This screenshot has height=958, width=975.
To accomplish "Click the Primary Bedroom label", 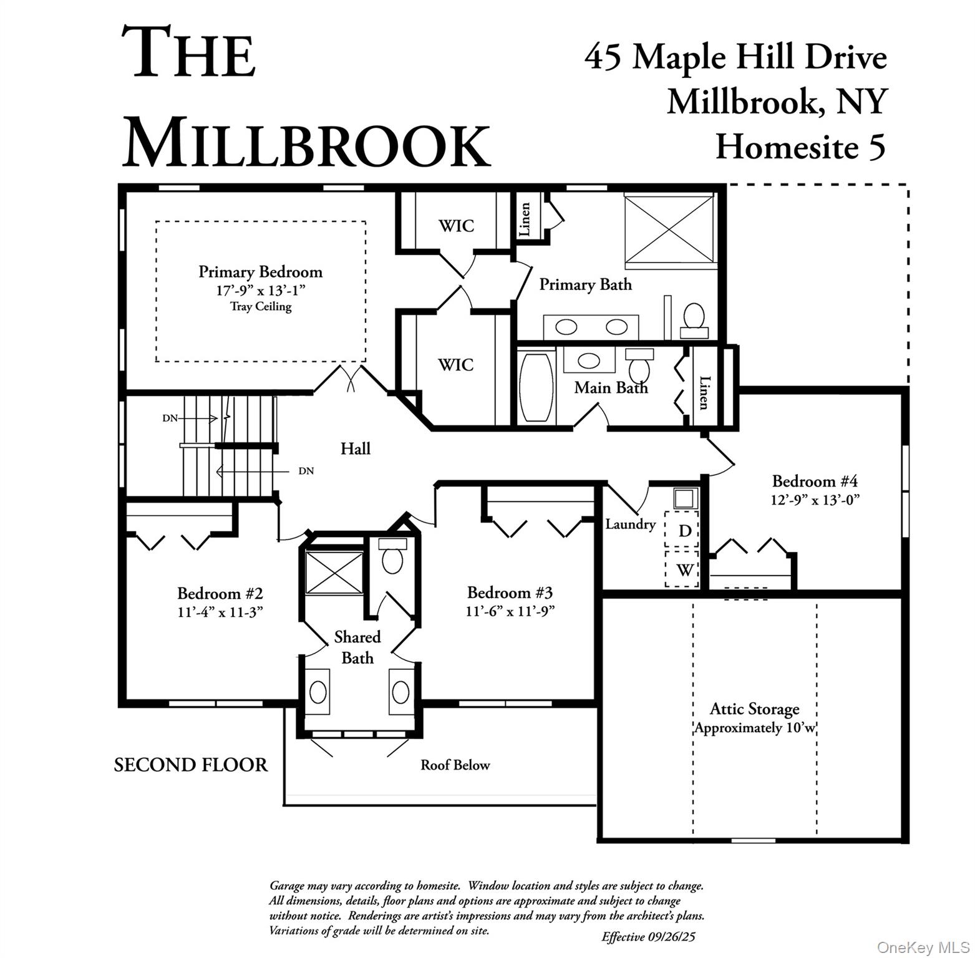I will [x=260, y=272].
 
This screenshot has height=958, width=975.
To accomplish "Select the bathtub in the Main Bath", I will [x=536, y=387].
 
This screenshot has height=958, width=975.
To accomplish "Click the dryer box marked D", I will [x=684, y=530].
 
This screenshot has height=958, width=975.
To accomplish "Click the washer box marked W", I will [x=684, y=569].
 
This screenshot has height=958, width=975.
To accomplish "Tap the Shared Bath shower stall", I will [x=334, y=572].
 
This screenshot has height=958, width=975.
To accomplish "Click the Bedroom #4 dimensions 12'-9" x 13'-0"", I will [x=815, y=500].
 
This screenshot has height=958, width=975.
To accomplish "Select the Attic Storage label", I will [x=754, y=709].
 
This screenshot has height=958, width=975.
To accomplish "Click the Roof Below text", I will [x=455, y=765].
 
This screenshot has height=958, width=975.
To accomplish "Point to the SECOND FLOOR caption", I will [x=191, y=765].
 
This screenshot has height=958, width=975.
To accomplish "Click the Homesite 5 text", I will [x=800, y=147].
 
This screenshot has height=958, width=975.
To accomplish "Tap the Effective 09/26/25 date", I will [x=652, y=936].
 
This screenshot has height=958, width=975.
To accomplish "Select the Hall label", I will [x=355, y=448].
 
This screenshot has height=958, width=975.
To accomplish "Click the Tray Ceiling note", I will [x=260, y=306].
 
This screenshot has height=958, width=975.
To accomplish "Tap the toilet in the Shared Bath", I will [x=392, y=558].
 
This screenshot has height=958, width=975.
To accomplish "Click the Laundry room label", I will [x=630, y=524].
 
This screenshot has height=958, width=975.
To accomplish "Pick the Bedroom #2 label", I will [x=220, y=593].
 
